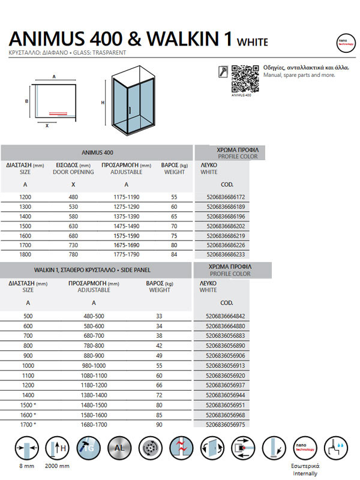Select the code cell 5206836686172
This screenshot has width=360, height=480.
point(221,197)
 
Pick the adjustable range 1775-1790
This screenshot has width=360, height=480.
point(127,254)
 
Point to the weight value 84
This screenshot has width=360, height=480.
point(174,254)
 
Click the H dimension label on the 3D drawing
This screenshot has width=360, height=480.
point(103,102)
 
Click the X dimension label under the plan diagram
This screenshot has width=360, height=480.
point(47,126)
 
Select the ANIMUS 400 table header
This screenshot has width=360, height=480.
point(97,153)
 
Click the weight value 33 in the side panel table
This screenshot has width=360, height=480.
point(159,317)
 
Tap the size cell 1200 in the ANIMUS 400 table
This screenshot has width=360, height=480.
point(25,197)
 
